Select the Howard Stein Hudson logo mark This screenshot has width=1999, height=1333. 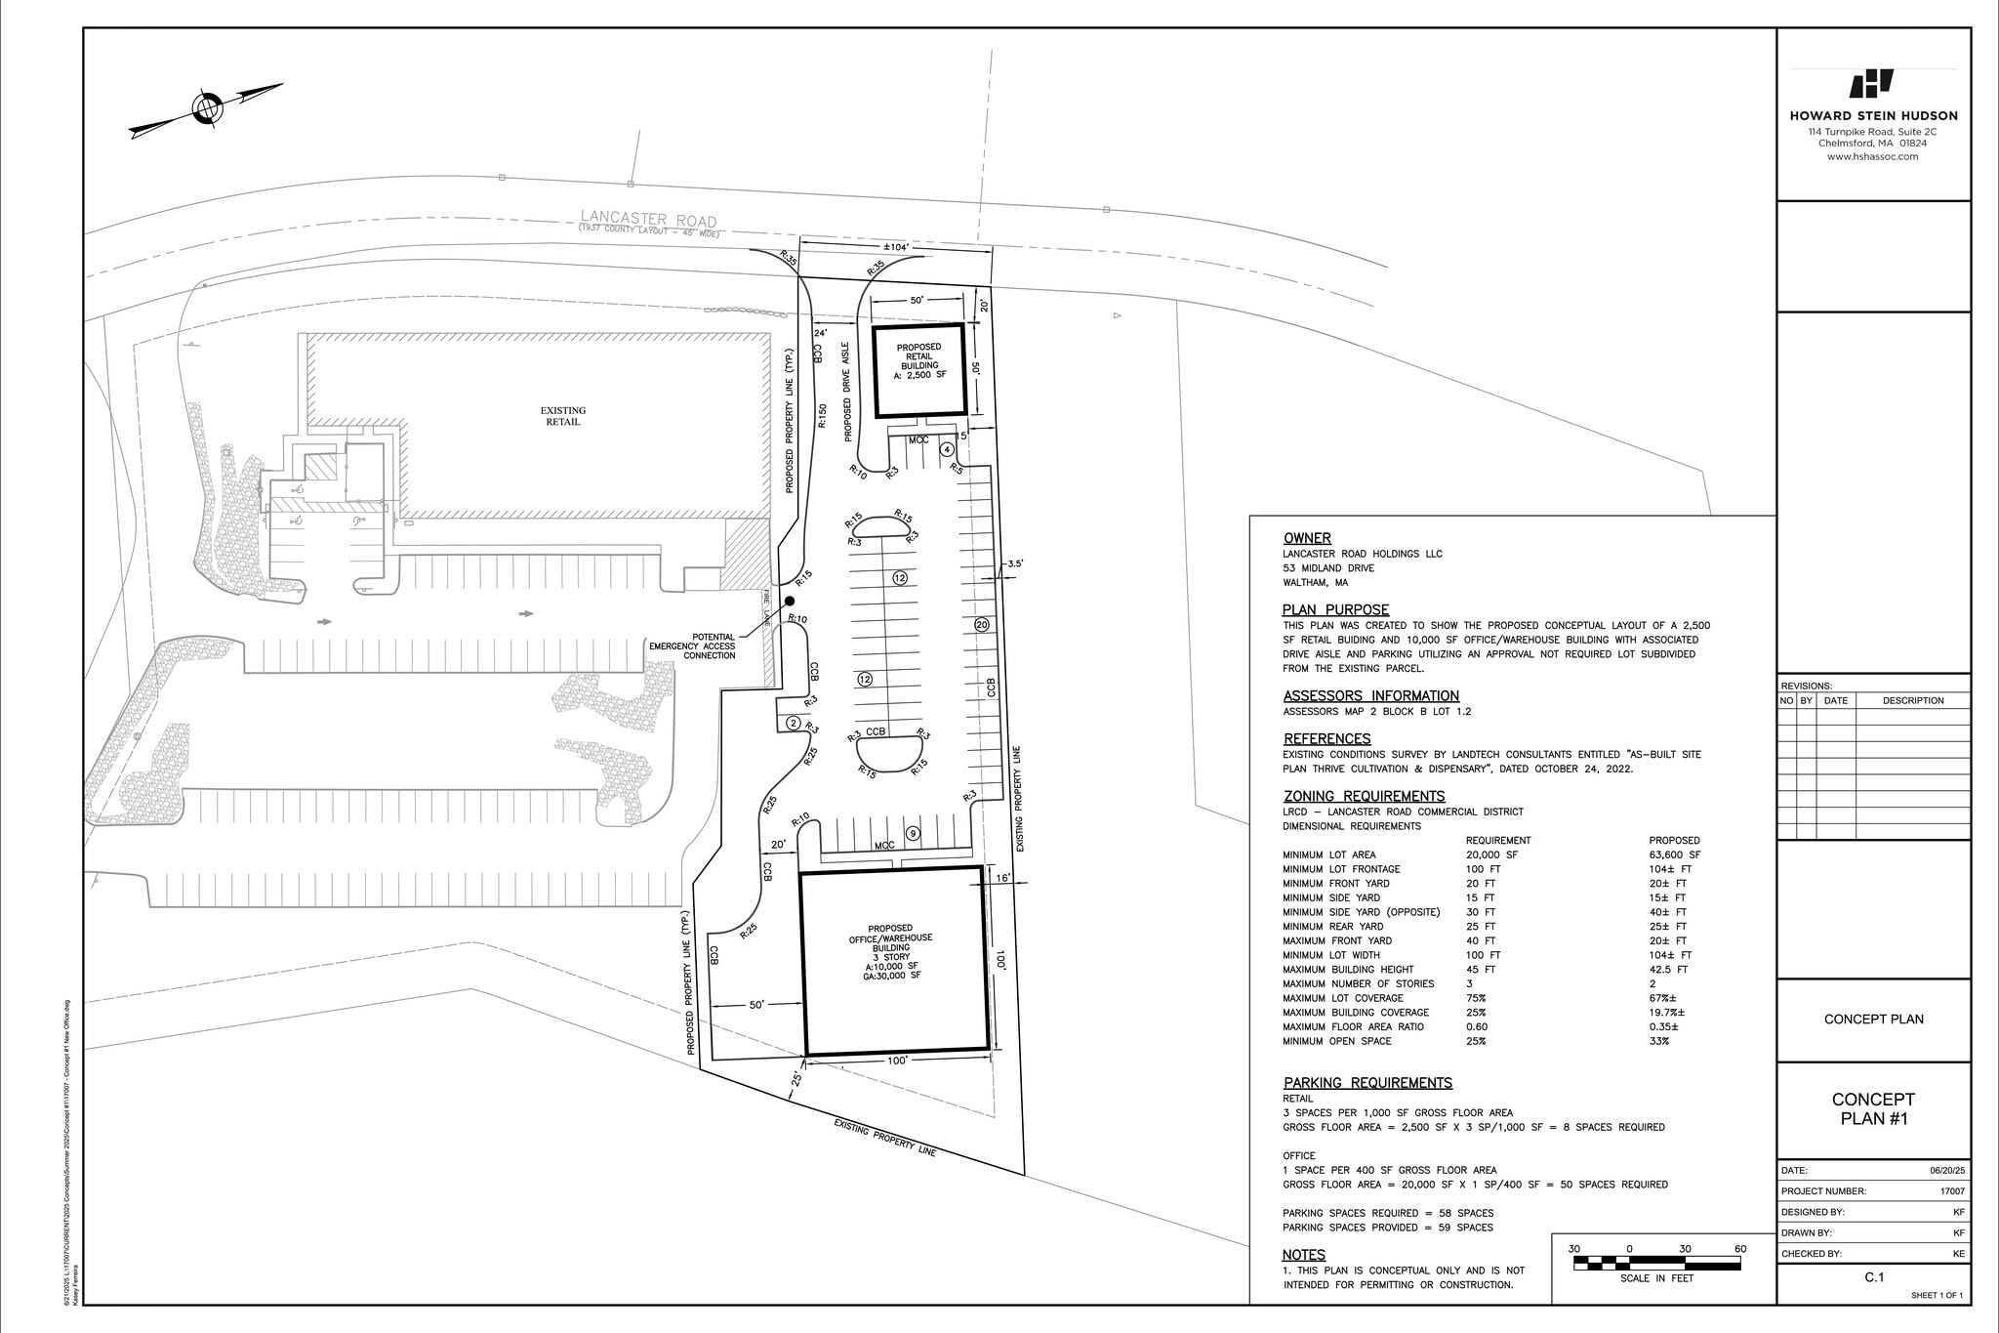[1872, 85]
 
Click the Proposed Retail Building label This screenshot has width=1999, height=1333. [918, 362]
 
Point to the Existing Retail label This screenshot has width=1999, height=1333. [563, 416]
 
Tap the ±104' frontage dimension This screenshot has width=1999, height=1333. [895, 248]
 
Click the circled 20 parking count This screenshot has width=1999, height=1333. [981, 624]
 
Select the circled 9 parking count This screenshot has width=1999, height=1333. [913, 833]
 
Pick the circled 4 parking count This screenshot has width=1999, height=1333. [947, 450]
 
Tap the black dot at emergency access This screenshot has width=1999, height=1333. [790, 602]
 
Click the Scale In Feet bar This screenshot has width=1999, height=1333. [1656, 1264]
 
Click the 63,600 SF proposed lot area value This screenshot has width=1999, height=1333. [1675, 854]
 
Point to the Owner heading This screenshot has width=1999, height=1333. [1307, 538]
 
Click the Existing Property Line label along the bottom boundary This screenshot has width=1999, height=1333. [884, 1138]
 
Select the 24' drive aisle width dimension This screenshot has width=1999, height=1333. [821, 333]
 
